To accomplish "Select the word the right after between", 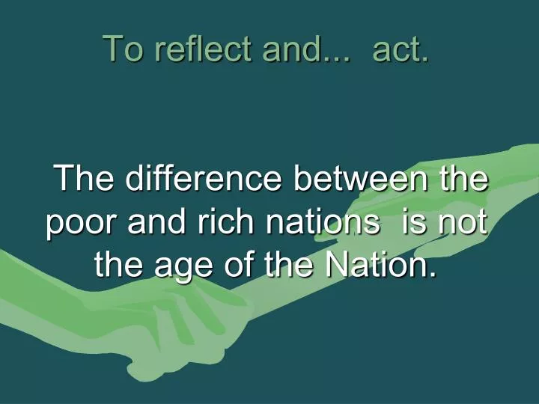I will pyautogui.click(x=462, y=180).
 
